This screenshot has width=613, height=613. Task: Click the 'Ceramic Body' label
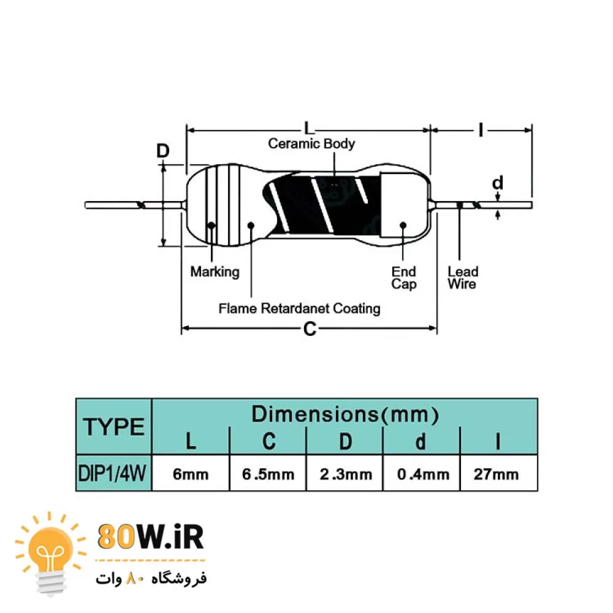tap(311, 144)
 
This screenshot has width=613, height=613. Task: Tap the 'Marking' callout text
tap(215, 272)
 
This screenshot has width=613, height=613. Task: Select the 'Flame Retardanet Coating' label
tap(299, 308)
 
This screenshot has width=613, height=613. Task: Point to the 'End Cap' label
tap(403, 278)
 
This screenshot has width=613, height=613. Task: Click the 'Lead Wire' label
tap(462, 278)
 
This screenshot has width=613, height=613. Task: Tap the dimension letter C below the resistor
tap(310, 330)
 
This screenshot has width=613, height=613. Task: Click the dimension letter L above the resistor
tap(309, 129)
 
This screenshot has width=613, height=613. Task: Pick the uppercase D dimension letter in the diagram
tap(162, 151)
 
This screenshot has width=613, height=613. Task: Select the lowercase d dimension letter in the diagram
tap(498, 183)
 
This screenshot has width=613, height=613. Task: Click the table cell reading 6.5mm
tap(267, 474)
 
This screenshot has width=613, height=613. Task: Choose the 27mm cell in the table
tap(497, 474)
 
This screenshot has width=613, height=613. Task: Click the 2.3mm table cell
tap(345, 474)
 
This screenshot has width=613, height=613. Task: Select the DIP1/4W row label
tap(114, 474)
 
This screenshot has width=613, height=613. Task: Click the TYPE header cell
tap(114, 427)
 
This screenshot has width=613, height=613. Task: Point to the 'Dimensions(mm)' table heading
tap(345, 414)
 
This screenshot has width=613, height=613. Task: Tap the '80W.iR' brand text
tap(151, 537)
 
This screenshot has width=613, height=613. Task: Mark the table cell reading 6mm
tap(191, 474)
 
